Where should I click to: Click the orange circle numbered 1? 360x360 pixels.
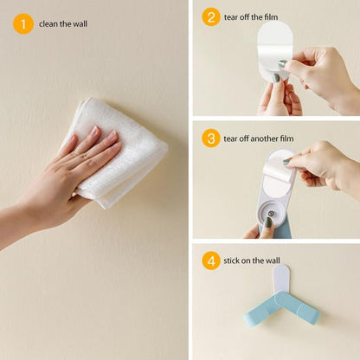(23, 23)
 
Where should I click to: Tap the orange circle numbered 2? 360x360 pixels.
(211, 17)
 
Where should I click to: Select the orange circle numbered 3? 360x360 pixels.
(211, 138)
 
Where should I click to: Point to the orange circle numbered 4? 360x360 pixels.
(211, 260)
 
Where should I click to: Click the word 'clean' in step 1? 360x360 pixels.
(49, 24)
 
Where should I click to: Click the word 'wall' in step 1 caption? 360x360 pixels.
(80, 24)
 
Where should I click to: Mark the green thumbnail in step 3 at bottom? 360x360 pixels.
(268, 222)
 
